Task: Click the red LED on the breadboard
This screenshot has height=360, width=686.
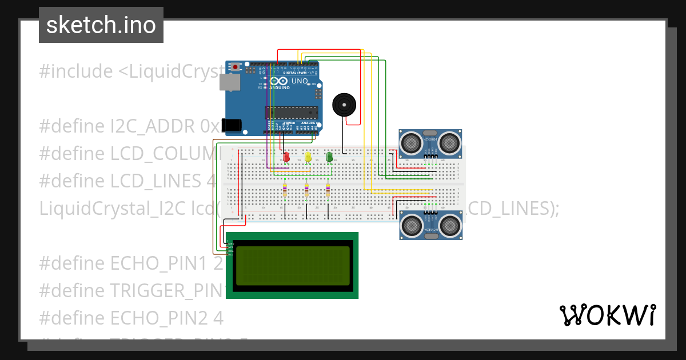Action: [x=286, y=157]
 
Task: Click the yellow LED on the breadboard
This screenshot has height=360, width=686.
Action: [x=308, y=157]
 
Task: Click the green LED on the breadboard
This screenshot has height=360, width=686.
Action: [x=329, y=157]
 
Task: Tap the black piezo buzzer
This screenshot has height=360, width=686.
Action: [x=344, y=105]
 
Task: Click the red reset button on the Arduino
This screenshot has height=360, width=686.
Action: [x=235, y=67]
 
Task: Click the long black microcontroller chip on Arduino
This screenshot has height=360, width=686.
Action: [x=291, y=113]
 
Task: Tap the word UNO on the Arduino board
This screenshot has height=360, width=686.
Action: [x=300, y=81]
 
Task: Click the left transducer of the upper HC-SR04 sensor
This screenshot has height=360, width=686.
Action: [x=410, y=142]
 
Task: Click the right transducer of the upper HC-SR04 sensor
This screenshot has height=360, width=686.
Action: [x=450, y=142]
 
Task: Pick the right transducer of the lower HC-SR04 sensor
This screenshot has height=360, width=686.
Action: [x=450, y=226]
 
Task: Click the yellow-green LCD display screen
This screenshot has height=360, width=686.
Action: [x=292, y=266]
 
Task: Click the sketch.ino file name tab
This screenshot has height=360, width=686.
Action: [x=101, y=25]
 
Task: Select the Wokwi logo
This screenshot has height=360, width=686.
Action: [x=607, y=315]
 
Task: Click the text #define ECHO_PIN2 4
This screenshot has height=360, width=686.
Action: [x=131, y=317]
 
